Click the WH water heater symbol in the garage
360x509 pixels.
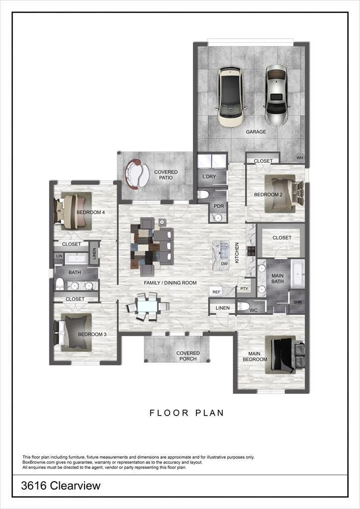pyautogui.click(x=300, y=158)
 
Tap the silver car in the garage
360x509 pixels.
pyautogui.click(x=276, y=95)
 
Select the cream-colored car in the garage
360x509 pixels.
pyautogui.click(x=230, y=96)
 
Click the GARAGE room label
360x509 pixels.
pyautogui.click(x=256, y=132)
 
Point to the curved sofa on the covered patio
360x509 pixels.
pyautogui.click(x=136, y=173)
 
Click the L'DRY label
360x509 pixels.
pyautogui.click(x=209, y=176)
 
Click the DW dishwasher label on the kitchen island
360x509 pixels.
pyautogui.click(x=224, y=264)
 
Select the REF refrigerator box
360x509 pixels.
pyautogui.click(x=216, y=292)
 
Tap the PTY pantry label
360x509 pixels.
pyautogui.click(x=244, y=289)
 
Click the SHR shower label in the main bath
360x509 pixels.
pyautogui.click(x=297, y=302)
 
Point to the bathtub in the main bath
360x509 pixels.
pyautogui.click(x=297, y=274)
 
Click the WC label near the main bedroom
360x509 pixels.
pyautogui.click(x=254, y=311)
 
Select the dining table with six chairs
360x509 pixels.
pyautogui.click(x=148, y=306)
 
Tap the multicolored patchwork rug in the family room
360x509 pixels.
pyautogui.click(x=145, y=247)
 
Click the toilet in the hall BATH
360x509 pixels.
pyautogui.click(x=60, y=284)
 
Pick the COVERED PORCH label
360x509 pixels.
pyautogui.click(x=188, y=356)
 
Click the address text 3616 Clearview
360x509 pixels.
pyautogui.click(x=61, y=486)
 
